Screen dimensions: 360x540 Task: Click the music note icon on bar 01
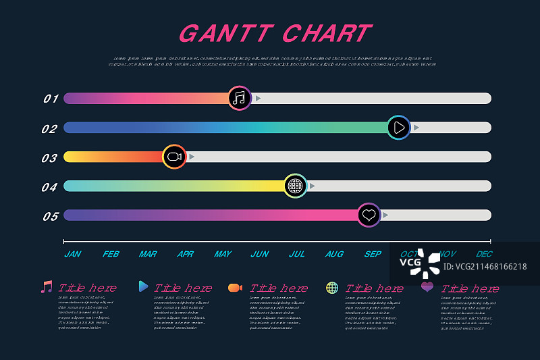coord(239,99)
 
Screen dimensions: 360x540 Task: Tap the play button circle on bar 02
coord(399,128)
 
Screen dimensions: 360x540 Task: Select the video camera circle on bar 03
coord(174,157)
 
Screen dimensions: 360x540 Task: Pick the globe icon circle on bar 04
coord(295,186)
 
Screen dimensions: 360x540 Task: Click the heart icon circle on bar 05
coord(369,215)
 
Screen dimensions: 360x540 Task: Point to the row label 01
coord(51,99)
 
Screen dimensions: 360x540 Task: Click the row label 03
coord(49,158)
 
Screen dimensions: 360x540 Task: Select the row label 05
coord(51,216)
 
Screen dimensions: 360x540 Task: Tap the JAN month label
coord(73,255)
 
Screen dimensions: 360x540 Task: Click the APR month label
coord(185,255)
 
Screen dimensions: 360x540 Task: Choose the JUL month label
coord(296,255)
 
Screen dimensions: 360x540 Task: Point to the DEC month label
coord(484,255)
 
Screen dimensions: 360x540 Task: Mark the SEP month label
coord(372,255)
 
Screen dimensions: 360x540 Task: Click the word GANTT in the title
coord(225,33)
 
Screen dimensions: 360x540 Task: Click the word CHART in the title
coord(327,33)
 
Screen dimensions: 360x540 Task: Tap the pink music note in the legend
coord(46,287)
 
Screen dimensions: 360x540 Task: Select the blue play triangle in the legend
coord(143,286)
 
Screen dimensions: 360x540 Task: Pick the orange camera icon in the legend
coord(235,288)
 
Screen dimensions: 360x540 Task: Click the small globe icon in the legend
coord(332,288)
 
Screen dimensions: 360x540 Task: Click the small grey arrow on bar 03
coord(192,157)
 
